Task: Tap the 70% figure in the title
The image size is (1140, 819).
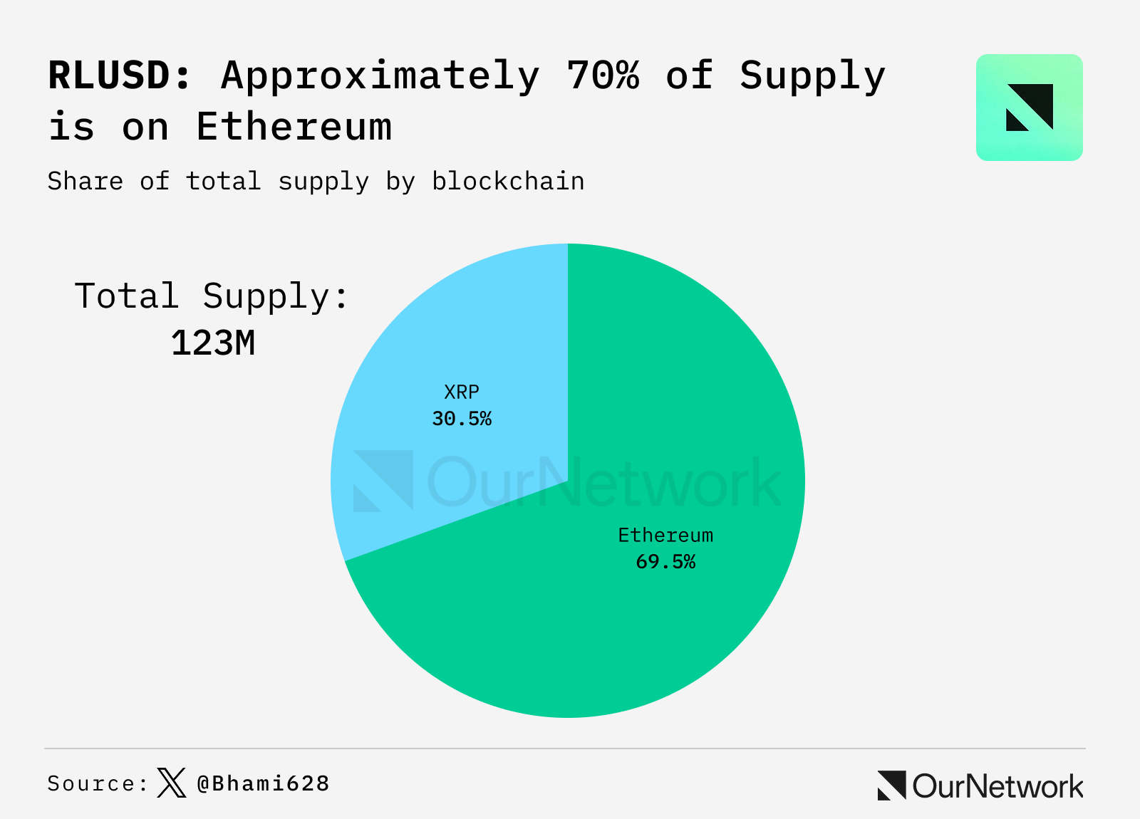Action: point(603,75)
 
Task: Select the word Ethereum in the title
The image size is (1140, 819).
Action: point(294,127)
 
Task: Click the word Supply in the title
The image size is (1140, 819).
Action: point(812,75)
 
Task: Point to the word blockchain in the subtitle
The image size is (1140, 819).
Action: point(508,182)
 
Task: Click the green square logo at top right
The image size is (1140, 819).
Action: point(1029,108)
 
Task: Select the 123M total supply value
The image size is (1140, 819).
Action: point(213,343)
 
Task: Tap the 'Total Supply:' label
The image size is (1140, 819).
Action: point(212,296)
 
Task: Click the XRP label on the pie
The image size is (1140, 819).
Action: point(462,392)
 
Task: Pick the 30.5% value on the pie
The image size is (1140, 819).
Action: point(462,419)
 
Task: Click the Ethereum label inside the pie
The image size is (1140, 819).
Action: point(665,536)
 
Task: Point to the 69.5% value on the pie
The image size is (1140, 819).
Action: point(665,562)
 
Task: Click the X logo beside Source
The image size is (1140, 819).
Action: point(171,783)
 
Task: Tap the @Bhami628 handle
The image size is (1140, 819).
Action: point(263,783)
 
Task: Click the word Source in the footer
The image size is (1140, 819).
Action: point(91,783)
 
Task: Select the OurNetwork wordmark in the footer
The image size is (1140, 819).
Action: point(997,786)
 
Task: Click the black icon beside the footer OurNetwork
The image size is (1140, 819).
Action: point(892,786)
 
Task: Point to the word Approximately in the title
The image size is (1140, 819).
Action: point(380,75)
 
